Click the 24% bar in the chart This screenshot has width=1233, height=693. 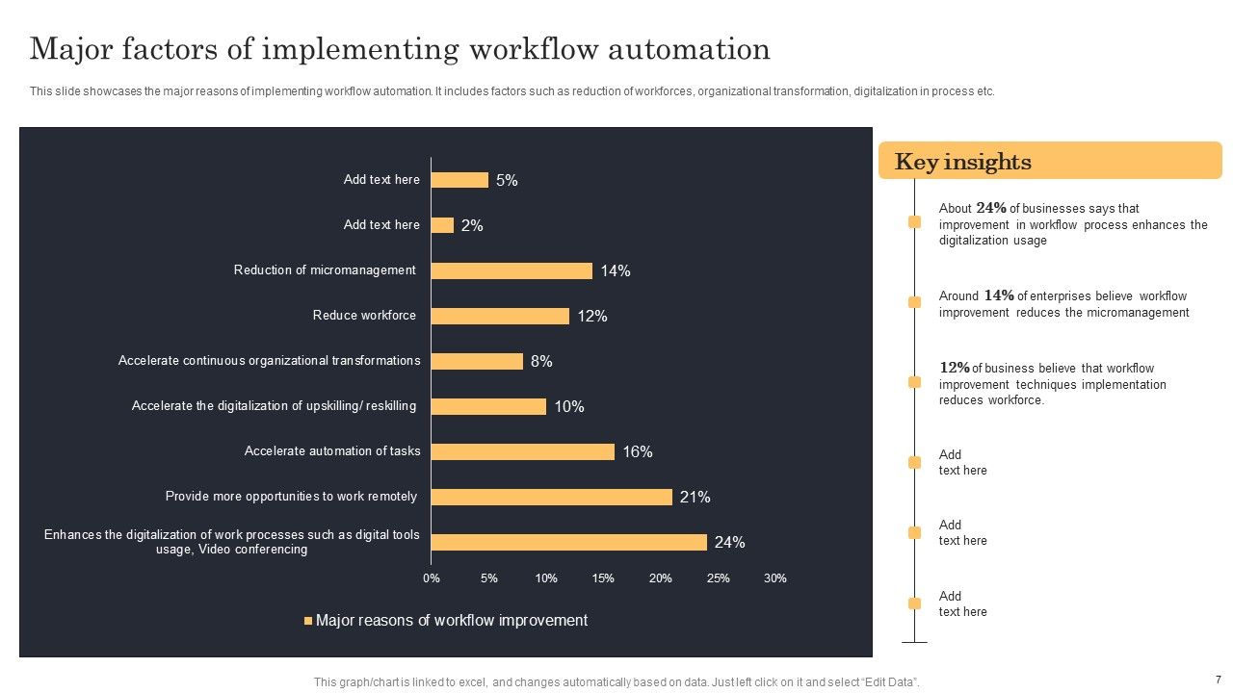pos(568,542)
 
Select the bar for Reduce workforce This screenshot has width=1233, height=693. pos(500,316)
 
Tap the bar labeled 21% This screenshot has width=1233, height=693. pos(551,497)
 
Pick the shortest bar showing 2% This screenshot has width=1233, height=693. pos(442,225)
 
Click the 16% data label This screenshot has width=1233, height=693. pos(638,452)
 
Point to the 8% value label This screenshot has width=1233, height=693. pos(541,362)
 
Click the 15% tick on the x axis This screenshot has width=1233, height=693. pos(603,578)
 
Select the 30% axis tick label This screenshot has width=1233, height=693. pos(774,578)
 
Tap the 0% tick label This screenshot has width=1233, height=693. pos(432,578)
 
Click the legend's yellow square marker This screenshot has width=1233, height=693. pos(308,621)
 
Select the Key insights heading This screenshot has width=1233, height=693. pos(962,162)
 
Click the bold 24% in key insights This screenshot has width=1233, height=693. pos(991,208)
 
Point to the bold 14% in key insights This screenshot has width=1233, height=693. pos(999,295)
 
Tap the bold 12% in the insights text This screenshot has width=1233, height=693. pos(955,368)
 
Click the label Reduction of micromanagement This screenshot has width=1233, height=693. pos(325,270)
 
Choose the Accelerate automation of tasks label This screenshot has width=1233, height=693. pos(332,451)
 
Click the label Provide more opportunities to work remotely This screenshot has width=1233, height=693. pos(291,497)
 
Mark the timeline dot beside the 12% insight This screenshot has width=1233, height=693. pos(914,382)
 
